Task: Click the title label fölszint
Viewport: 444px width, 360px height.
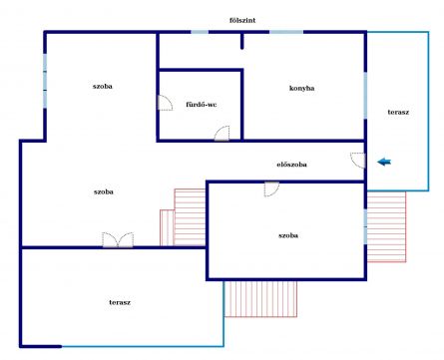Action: click(242, 20)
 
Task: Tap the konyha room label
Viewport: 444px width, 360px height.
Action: click(301, 88)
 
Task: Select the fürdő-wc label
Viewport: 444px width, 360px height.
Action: click(201, 105)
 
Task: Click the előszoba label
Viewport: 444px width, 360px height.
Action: click(291, 165)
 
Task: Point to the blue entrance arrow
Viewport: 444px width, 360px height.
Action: click(384, 162)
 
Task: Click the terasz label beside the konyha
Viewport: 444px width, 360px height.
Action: click(398, 112)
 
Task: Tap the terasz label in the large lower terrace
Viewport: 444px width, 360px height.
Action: click(120, 302)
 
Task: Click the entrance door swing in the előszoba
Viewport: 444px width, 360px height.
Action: click(358, 161)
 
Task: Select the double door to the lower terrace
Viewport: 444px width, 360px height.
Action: click(118, 239)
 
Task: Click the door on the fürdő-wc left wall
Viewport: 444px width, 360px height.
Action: click(165, 103)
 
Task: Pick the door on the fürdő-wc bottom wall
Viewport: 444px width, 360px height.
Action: click(222, 134)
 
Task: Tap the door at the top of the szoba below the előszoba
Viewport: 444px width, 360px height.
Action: click(271, 189)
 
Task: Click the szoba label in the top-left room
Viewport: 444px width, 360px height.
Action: click(103, 86)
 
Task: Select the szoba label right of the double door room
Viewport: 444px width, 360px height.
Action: click(288, 235)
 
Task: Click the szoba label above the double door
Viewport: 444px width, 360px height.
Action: click(104, 191)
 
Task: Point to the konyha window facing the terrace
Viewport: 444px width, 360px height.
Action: click(365, 96)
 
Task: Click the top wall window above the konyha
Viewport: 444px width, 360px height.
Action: click(286, 32)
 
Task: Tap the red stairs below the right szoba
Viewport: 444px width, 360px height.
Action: click(260, 299)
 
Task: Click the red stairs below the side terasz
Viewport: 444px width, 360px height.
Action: click(386, 226)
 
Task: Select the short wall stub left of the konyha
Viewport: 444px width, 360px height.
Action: click(242, 41)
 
